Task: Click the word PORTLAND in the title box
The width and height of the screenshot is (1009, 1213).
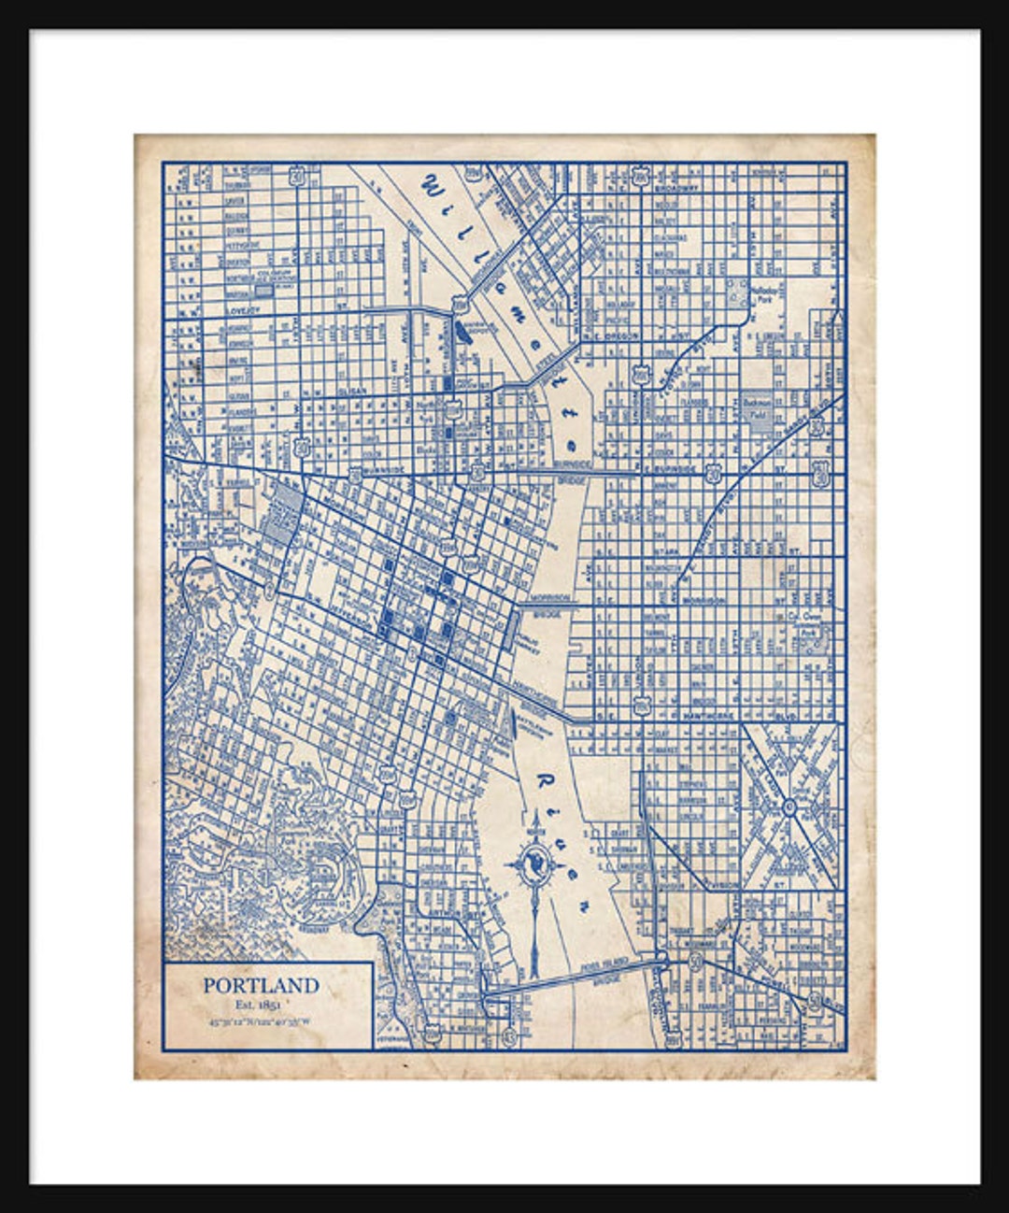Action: click(x=262, y=985)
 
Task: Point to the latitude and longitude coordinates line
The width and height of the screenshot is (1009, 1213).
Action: click(x=262, y=1020)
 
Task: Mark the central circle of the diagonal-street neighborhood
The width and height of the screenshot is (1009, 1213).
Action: click(x=789, y=805)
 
